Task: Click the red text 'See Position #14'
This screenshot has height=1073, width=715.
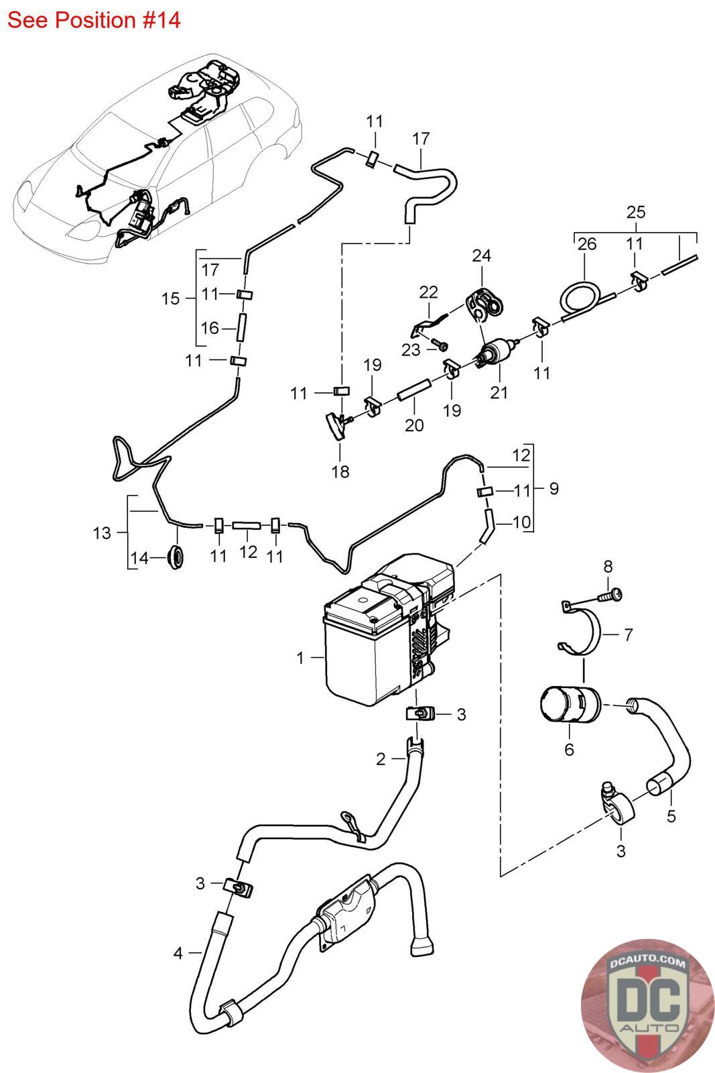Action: coord(94,20)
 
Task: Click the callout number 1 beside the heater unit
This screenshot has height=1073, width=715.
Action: coord(300,658)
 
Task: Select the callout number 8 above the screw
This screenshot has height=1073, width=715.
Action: coord(608,566)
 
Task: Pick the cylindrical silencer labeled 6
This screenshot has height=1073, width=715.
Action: coord(568,704)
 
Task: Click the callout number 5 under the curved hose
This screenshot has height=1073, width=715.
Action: coord(671,815)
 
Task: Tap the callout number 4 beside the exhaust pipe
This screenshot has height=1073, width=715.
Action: coord(178,953)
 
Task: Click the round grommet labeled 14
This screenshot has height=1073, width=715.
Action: coord(176,557)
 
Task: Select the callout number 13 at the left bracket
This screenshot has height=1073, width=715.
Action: coord(102,532)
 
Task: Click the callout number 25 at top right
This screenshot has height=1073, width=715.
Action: coord(635,213)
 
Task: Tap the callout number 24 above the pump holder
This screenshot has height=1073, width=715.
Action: coord(481,256)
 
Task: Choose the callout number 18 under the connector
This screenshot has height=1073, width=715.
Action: coord(340,471)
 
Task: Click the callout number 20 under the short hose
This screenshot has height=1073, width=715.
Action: coord(414,425)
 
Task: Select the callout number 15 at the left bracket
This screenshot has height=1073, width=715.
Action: coord(171,298)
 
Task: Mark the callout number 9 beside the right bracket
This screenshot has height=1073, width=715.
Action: coord(554,488)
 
